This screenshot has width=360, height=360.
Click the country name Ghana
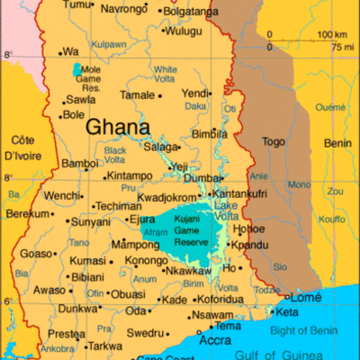tap(119, 127)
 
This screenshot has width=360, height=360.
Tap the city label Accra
tap(214, 341)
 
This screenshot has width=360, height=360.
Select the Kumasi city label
tap(87, 260)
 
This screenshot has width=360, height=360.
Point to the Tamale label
tap(138, 94)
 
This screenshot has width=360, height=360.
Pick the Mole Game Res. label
tap(91, 78)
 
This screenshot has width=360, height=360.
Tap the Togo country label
tap(273, 141)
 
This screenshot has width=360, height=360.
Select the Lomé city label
tap(306, 297)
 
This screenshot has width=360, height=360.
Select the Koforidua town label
tap(221, 299)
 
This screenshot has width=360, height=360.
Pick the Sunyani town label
tap(91, 220)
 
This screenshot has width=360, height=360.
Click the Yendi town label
tap(195, 93)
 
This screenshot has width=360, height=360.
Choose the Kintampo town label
tap(130, 175)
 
